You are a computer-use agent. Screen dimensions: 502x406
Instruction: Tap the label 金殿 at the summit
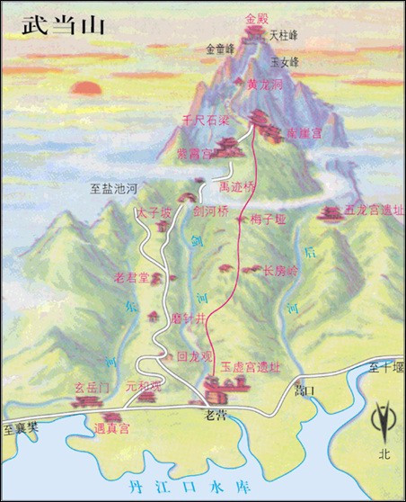coord(257,18)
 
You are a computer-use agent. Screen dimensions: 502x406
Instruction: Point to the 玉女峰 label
coord(285,61)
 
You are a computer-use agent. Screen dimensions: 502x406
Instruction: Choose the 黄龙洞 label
coord(265,84)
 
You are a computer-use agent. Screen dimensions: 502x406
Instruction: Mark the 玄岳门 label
coord(93,387)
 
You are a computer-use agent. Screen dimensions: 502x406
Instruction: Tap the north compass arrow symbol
coord(384,422)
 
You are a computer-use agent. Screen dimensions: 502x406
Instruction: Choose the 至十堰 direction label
coord(383,366)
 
